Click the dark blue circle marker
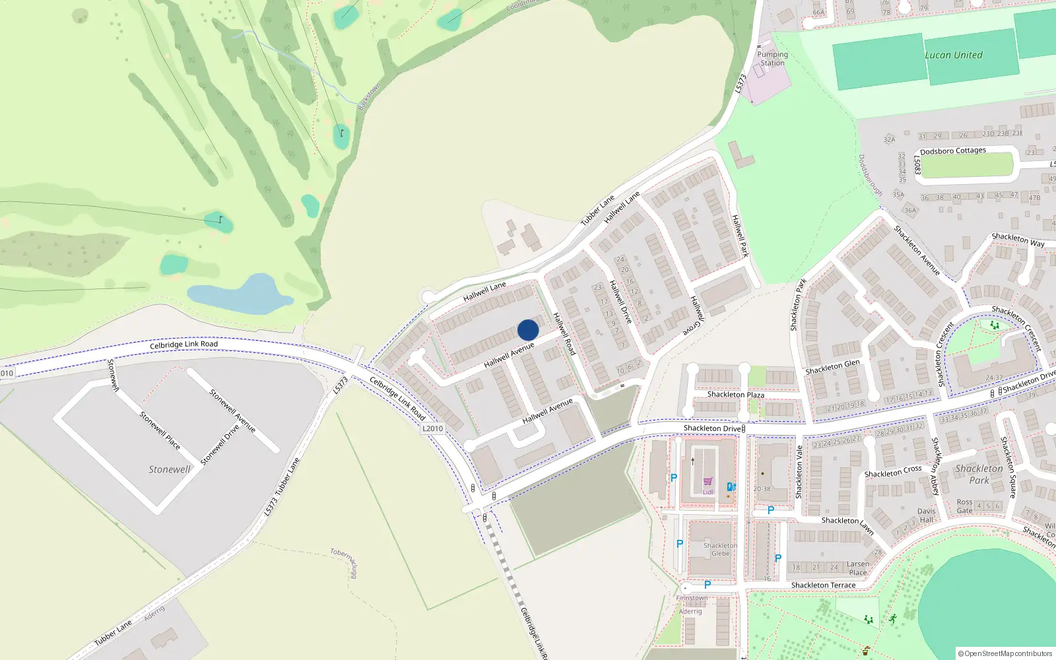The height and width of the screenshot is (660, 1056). click(528, 330)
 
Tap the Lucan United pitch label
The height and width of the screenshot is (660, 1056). click(953, 55)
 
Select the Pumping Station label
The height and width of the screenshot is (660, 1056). click(772, 59)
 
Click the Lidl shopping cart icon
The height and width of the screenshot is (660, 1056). click(708, 482)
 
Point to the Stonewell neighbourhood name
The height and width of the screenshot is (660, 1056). click(169, 469)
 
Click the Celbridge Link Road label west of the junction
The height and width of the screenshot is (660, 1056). click(183, 345)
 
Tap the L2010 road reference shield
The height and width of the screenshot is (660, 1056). click(432, 428)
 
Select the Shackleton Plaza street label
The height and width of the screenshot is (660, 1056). click(735, 395)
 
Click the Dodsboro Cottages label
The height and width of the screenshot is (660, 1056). click(952, 151)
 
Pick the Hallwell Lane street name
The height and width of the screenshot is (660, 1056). click(484, 291)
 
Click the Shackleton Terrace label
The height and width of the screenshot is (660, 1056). click(823, 585)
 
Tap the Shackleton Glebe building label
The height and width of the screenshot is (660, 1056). click(720, 549)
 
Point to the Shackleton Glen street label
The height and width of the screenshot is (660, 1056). click(832, 367)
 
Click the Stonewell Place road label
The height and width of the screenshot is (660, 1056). click(160, 430)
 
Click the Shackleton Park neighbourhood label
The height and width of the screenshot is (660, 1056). click(979, 474)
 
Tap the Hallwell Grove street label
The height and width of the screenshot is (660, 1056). click(697, 315)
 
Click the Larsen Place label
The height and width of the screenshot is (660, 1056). click(858, 568)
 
